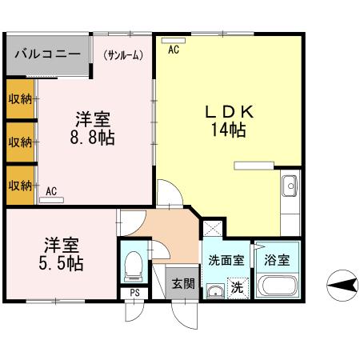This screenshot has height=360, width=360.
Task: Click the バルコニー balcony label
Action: (46, 55)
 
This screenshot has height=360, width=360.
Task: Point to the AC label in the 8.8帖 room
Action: (51, 191)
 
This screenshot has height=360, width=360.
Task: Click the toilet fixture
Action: (134, 264)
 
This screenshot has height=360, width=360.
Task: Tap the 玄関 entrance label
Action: (183, 283)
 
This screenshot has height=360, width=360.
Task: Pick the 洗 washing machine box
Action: (237, 286)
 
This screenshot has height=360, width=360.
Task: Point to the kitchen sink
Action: (290, 187)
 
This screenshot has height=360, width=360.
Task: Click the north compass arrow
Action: (339, 284)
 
